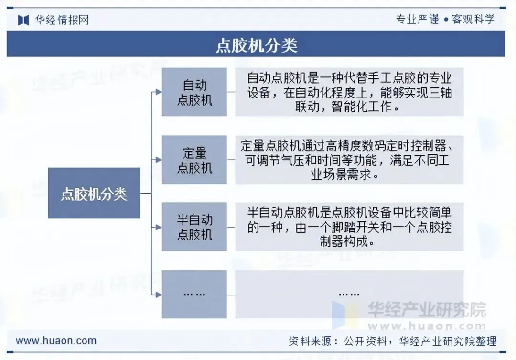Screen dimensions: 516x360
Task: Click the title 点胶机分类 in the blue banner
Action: coord(257,45)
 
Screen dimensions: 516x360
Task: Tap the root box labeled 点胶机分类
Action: coord(94,194)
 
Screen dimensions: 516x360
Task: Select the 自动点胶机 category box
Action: coord(194,92)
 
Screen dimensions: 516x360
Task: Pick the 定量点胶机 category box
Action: coord(194,160)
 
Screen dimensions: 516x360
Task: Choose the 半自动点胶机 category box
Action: coord(194,227)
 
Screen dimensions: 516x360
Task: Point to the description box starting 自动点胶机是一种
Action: coord(349,92)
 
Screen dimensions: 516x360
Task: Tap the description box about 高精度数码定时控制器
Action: coord(349,160)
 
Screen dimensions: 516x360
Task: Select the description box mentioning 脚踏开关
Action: coord(349,227)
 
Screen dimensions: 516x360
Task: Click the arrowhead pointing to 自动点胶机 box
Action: coord(159,92)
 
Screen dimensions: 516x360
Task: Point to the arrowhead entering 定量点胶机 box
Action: coord(159,160)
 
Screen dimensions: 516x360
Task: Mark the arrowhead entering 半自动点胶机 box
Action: coord(159,227)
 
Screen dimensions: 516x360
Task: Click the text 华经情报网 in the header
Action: coord(62,20)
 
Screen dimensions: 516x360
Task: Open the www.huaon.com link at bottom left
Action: coord(56,341)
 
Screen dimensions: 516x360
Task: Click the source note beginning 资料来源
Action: coord(392,341)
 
